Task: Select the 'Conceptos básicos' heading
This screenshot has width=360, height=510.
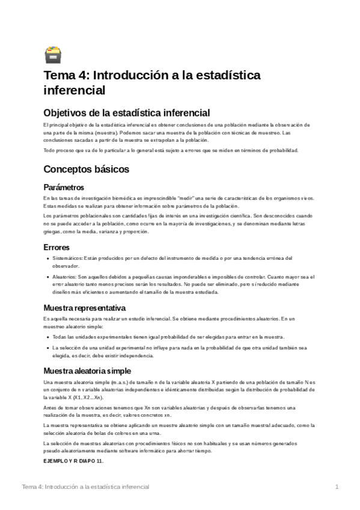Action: (94, 170)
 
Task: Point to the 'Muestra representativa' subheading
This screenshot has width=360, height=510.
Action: (84, 307)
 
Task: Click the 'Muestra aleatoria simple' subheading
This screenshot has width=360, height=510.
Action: (87, 370)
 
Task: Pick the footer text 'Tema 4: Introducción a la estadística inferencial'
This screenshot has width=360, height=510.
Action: (85, 487)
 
